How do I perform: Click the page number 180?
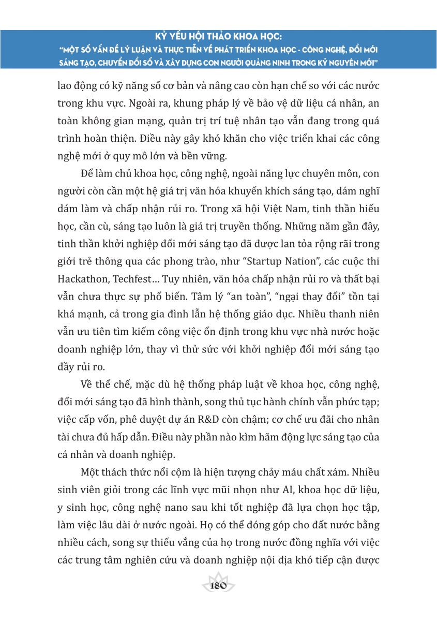coord(219,586)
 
